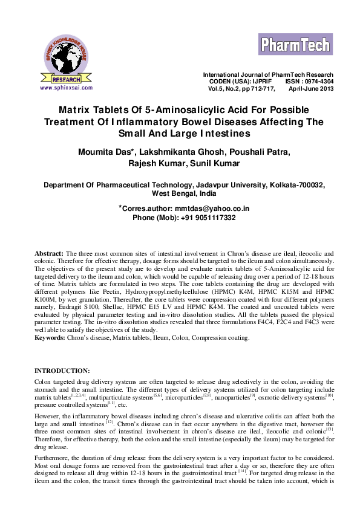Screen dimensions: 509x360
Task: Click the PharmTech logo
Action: tap(296, 44)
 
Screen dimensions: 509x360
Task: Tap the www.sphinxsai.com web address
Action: tap(66, 88)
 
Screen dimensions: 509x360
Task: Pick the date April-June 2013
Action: tap(311, 88)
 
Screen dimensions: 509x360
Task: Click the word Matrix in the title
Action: tap(92, 110)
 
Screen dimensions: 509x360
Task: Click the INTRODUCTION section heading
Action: tap(62, 370)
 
